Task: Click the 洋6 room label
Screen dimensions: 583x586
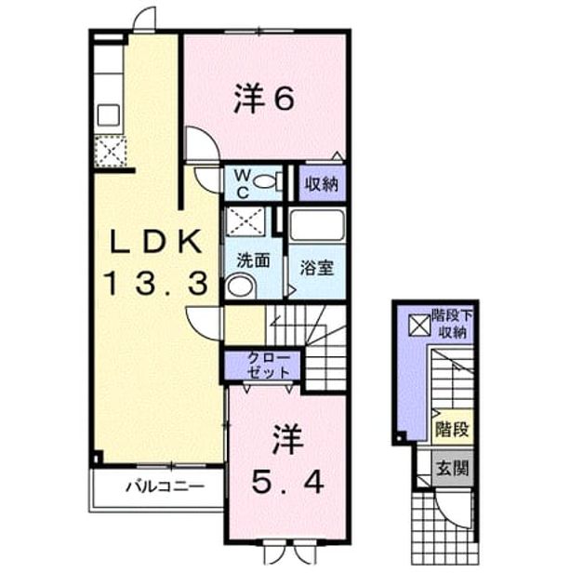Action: pyautogui.click(x=264, y=99)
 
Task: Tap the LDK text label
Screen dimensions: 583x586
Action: pyautogui.click(x=156, y=241)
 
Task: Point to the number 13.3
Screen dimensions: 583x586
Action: pyautogui.click(x=157, y=283)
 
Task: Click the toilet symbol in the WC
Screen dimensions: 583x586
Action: pyautogui.click(x=269, y=181)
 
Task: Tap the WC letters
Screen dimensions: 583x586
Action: pyautogui.click(x=243, y=184)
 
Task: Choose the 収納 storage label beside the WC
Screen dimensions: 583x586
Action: pyautogui.click(x=322, y=184)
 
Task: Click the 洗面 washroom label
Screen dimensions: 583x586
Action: pyautogui.click(x=254, y=260)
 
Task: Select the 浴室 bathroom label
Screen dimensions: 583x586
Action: pyautogui.click(x=317, y=268)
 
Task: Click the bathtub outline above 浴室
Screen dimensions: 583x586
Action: pyautogui.click(x=317, y=224)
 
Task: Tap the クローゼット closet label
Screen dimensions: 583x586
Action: pyautogui.click(x=269, y=366)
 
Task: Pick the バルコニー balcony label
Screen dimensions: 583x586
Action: pyautogui.click(x=166, y=486)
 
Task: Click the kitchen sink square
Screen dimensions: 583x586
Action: pyautogui.click(x=108, y=114)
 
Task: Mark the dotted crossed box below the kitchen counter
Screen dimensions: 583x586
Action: pyautogui.click(x=110, y=152)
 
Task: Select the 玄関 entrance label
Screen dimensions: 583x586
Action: pyautogui.click(x=452, y=468)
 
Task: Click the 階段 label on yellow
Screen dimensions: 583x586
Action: pyautogui.click(x=452, y=430)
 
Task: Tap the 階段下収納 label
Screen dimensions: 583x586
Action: pyautogui.click(x=452, y=324)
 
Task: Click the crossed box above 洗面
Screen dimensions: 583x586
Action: pyautogui.click(x=245, y=221)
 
